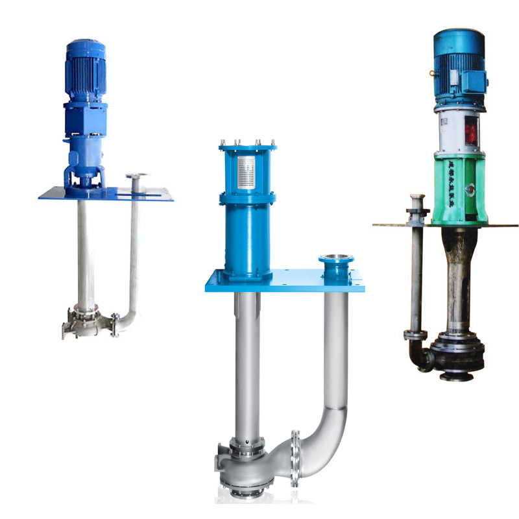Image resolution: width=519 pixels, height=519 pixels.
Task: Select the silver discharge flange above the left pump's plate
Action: (x=137, y=176)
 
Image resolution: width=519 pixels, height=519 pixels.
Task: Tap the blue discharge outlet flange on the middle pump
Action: (x=336, y=261)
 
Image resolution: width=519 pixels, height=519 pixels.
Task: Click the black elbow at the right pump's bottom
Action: (x=422, y=357)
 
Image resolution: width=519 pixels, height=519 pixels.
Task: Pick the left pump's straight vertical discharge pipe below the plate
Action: (x=134, y=253)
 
